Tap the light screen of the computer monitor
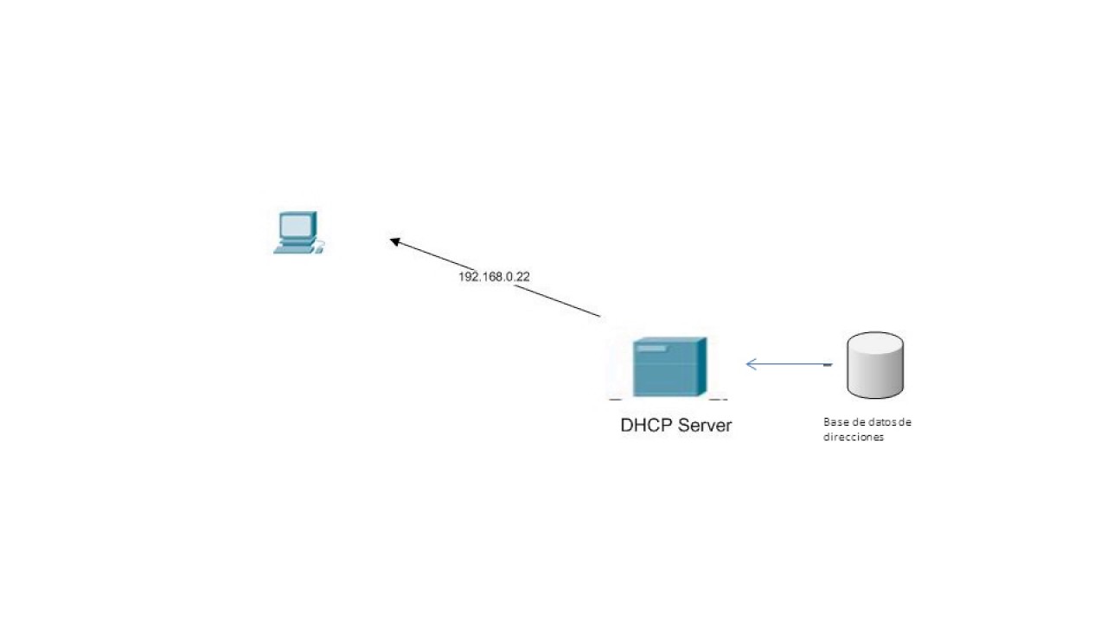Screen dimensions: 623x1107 click(296, 225)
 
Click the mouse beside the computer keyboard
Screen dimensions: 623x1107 click(318, 250)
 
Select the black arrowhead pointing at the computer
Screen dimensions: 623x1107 click(395, 242)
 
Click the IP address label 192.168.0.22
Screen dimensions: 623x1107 click(494, 277)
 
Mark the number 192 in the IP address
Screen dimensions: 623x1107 click(468, 277)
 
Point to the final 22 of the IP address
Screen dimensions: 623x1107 click(522, 277)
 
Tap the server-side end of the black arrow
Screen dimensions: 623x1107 click(598, 316)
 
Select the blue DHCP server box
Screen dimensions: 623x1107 click(669, 368)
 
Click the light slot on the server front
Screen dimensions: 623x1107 click(651, 348)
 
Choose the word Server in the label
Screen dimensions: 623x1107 click(705, 426)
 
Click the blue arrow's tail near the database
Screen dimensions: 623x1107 click(828, 364)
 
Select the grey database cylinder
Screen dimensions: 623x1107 click(875, 366)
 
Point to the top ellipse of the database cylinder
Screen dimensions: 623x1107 click(875, 344)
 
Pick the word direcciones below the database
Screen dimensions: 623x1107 click(854, 438)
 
